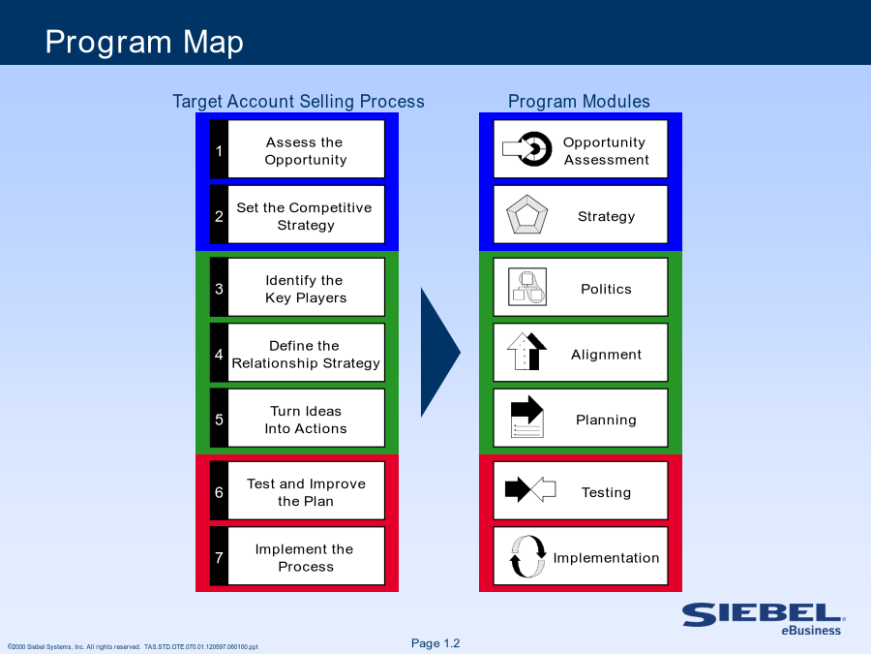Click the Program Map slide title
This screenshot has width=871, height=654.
tap(144, 43)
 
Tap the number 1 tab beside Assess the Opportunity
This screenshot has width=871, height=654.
tap(219, 149)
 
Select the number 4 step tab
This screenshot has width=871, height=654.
tap(219, 353)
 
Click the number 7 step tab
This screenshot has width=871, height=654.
tap(219, 556)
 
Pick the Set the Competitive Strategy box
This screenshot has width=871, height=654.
tap(306, 215)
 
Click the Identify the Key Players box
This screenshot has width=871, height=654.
tap(306, 287)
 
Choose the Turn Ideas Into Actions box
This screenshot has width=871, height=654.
tap(306, 419)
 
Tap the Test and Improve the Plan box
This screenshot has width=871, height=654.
tap(306, 490)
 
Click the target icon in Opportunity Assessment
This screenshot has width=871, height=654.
tap(527, 149)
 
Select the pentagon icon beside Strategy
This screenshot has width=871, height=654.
tap(527, 215)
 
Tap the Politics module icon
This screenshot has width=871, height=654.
tap(527, 287)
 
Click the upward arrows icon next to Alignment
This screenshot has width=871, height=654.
tap(526, 352)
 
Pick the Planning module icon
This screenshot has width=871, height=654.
tap(526, 417)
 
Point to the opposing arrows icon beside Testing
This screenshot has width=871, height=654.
tap(530, 489)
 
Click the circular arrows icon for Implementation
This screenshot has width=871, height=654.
tap(527, 556)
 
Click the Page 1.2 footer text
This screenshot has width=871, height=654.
tap(435, 643)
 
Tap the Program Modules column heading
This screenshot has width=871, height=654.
tap(579, 101)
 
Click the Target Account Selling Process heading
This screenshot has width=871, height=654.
tap(298, 101)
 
